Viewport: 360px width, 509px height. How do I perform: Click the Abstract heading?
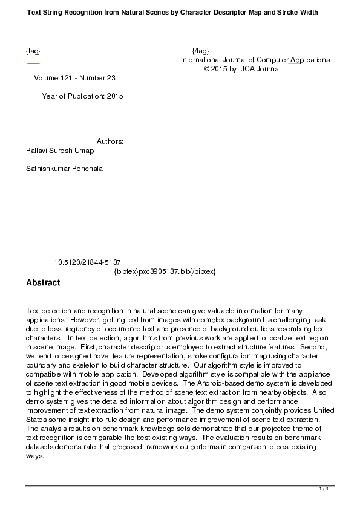coord(43,282)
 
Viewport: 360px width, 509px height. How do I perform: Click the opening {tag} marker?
coord(33,51)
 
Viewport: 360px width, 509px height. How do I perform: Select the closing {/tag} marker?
coord(200,51)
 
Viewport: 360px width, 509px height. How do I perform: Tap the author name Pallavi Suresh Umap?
coord(60,151)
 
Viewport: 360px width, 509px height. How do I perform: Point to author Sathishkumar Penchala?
coord(64,169)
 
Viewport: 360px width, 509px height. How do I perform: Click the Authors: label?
coord(110,141)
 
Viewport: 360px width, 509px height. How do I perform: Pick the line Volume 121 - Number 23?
coord(75,78)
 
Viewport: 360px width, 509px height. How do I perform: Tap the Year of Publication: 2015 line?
coord(82,96)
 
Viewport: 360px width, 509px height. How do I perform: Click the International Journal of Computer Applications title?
coord(255,60)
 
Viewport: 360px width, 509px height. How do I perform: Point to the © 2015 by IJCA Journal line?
coord(242,69)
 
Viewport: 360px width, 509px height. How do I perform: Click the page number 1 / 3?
coord(324,488)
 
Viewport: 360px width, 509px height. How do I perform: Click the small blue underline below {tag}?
coord(33,63)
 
